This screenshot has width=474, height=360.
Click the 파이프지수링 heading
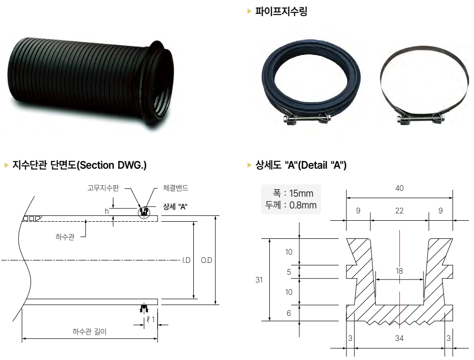pyautogui.click(x=281, y=11)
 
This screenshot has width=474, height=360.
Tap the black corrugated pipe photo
pyautogui.click(x=91, y=85)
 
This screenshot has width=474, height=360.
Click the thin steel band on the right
pyautogui.click(x=423, y=85)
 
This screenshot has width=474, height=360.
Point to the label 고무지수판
pyautogui.click(x=103, y=188)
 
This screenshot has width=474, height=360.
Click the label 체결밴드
pyautogui.click(x=176, y=188)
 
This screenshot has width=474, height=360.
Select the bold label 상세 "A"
pyautogui.click(x=175, y=207)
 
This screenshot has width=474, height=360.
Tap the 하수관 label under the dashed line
pyautogui.click(x=65, y=237)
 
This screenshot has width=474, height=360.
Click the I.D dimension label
pyautogui.click(x=186, y=260)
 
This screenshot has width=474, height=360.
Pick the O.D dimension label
pyautogui.click(x=207, y=260)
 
